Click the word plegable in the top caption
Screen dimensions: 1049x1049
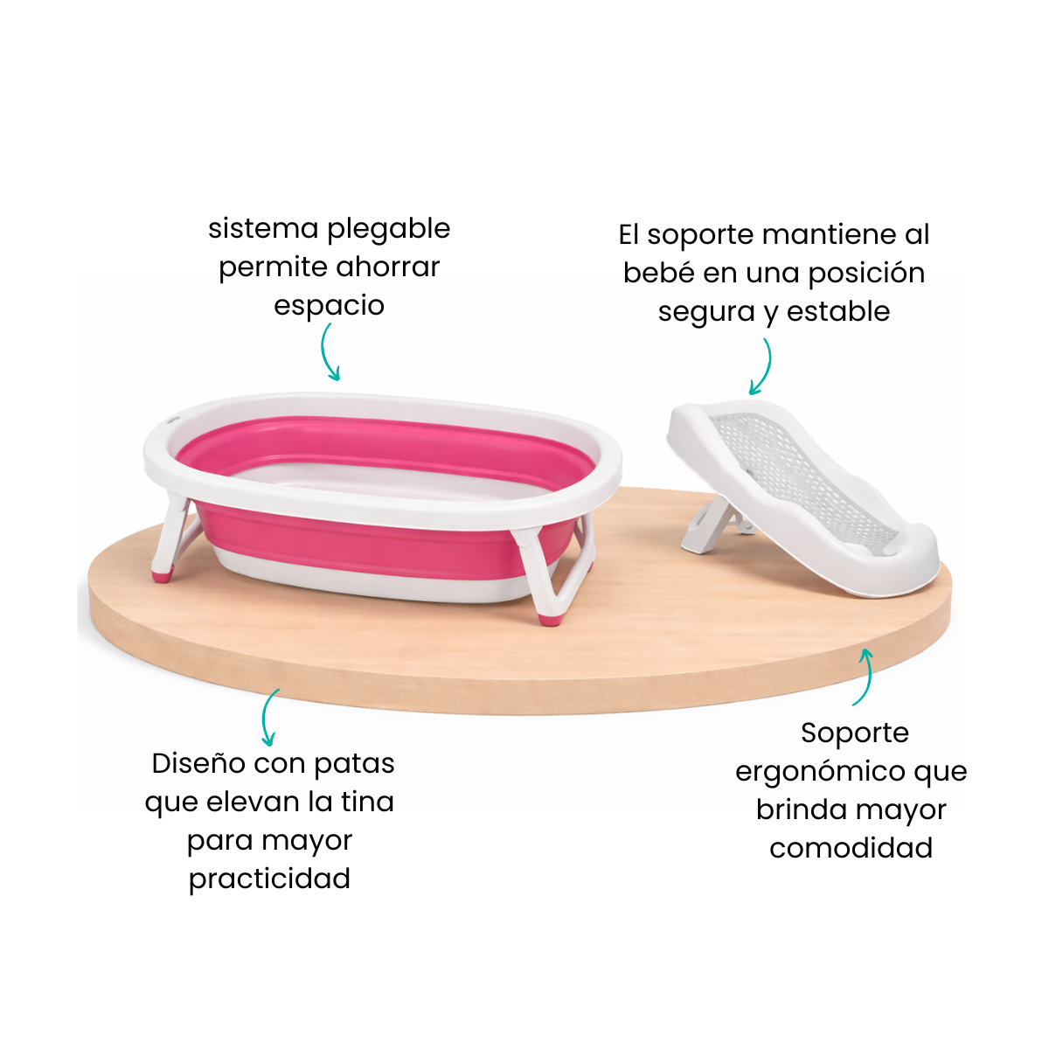[389, 230]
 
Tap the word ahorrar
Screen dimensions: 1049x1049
[387, 267]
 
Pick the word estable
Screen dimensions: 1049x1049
[838, 311]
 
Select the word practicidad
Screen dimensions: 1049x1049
[269, 879]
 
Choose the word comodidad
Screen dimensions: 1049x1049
[851, 848]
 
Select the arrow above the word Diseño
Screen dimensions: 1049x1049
[265, 717]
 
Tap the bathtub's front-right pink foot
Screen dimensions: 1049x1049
[549, 618]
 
